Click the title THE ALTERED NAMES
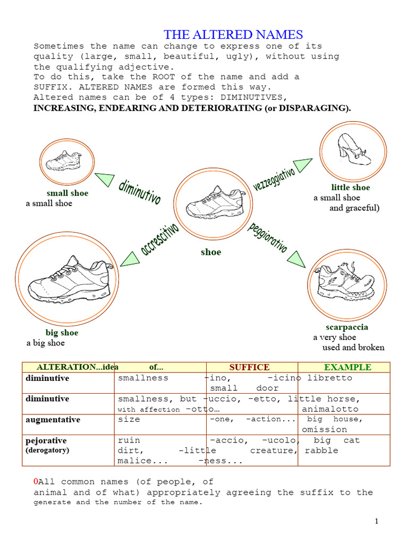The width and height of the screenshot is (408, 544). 233,35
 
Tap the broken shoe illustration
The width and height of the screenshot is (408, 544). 345,282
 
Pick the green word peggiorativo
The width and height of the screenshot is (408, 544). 268,237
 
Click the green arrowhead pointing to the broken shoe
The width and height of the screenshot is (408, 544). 296,259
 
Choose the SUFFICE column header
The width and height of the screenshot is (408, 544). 249,367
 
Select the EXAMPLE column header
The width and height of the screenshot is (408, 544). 347,367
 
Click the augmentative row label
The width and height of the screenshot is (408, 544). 53,420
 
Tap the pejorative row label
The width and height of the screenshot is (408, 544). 46,440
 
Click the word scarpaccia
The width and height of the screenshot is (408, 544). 347,327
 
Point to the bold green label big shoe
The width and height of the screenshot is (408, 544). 62,333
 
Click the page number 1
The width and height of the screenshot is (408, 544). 376,521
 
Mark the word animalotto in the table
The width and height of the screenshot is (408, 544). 330,409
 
